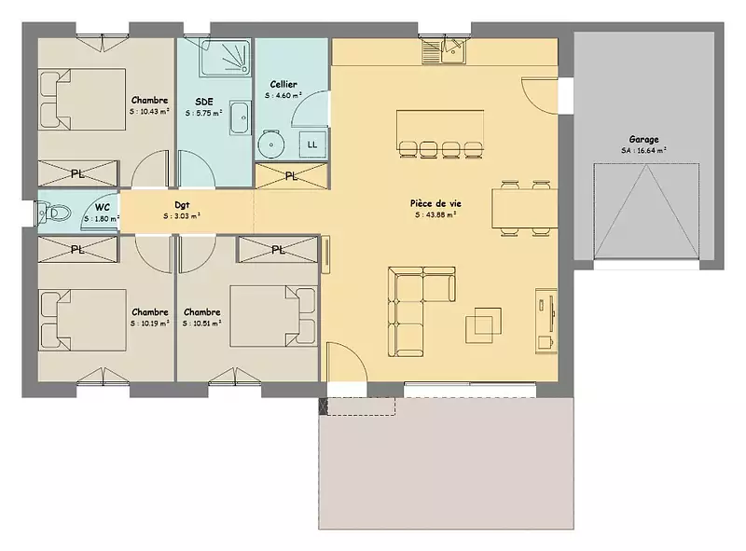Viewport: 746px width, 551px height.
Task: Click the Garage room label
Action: tap(643, 140)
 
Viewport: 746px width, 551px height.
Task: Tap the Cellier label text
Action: tap(283, 84)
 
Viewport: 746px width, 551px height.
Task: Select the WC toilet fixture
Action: tap(52, 213)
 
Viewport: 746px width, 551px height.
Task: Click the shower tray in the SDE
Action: tap(225, 58)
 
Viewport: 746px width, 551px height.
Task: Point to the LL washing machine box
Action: tap(312, 145)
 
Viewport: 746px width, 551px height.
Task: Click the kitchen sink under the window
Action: tap(445, 51)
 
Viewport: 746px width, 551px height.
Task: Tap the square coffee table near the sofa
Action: tap(483, 325)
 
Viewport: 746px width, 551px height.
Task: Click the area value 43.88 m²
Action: tap(435, 214)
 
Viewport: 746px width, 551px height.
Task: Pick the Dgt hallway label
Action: tap(182, 205)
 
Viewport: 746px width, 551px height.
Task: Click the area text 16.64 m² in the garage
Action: tap(643, 150)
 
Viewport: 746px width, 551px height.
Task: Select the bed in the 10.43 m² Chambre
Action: tap(82, 100)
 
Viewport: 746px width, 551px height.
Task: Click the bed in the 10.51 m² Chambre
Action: tap(273, 316)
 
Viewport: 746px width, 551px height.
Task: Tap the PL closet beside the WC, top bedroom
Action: tap(77, 173)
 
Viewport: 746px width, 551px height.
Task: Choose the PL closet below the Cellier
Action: tap(292, 176)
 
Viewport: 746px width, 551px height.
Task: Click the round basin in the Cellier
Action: tap(271, 144)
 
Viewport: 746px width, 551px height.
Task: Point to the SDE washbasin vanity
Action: tap(241, 117)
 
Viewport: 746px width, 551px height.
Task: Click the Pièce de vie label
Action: tap(435, 203)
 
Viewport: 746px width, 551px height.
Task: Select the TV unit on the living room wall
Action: tap(546, 320)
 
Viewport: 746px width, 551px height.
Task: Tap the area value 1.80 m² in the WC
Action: tap(102, 219)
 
